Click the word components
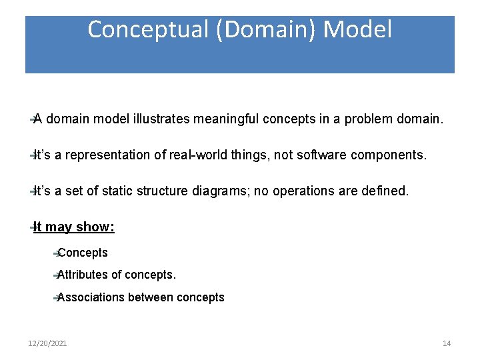[396, 155]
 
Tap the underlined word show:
[95, 227]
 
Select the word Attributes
[83, 275]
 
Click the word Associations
[91, 297]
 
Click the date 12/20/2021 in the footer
[47, 343]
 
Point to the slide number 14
[447, 343]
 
